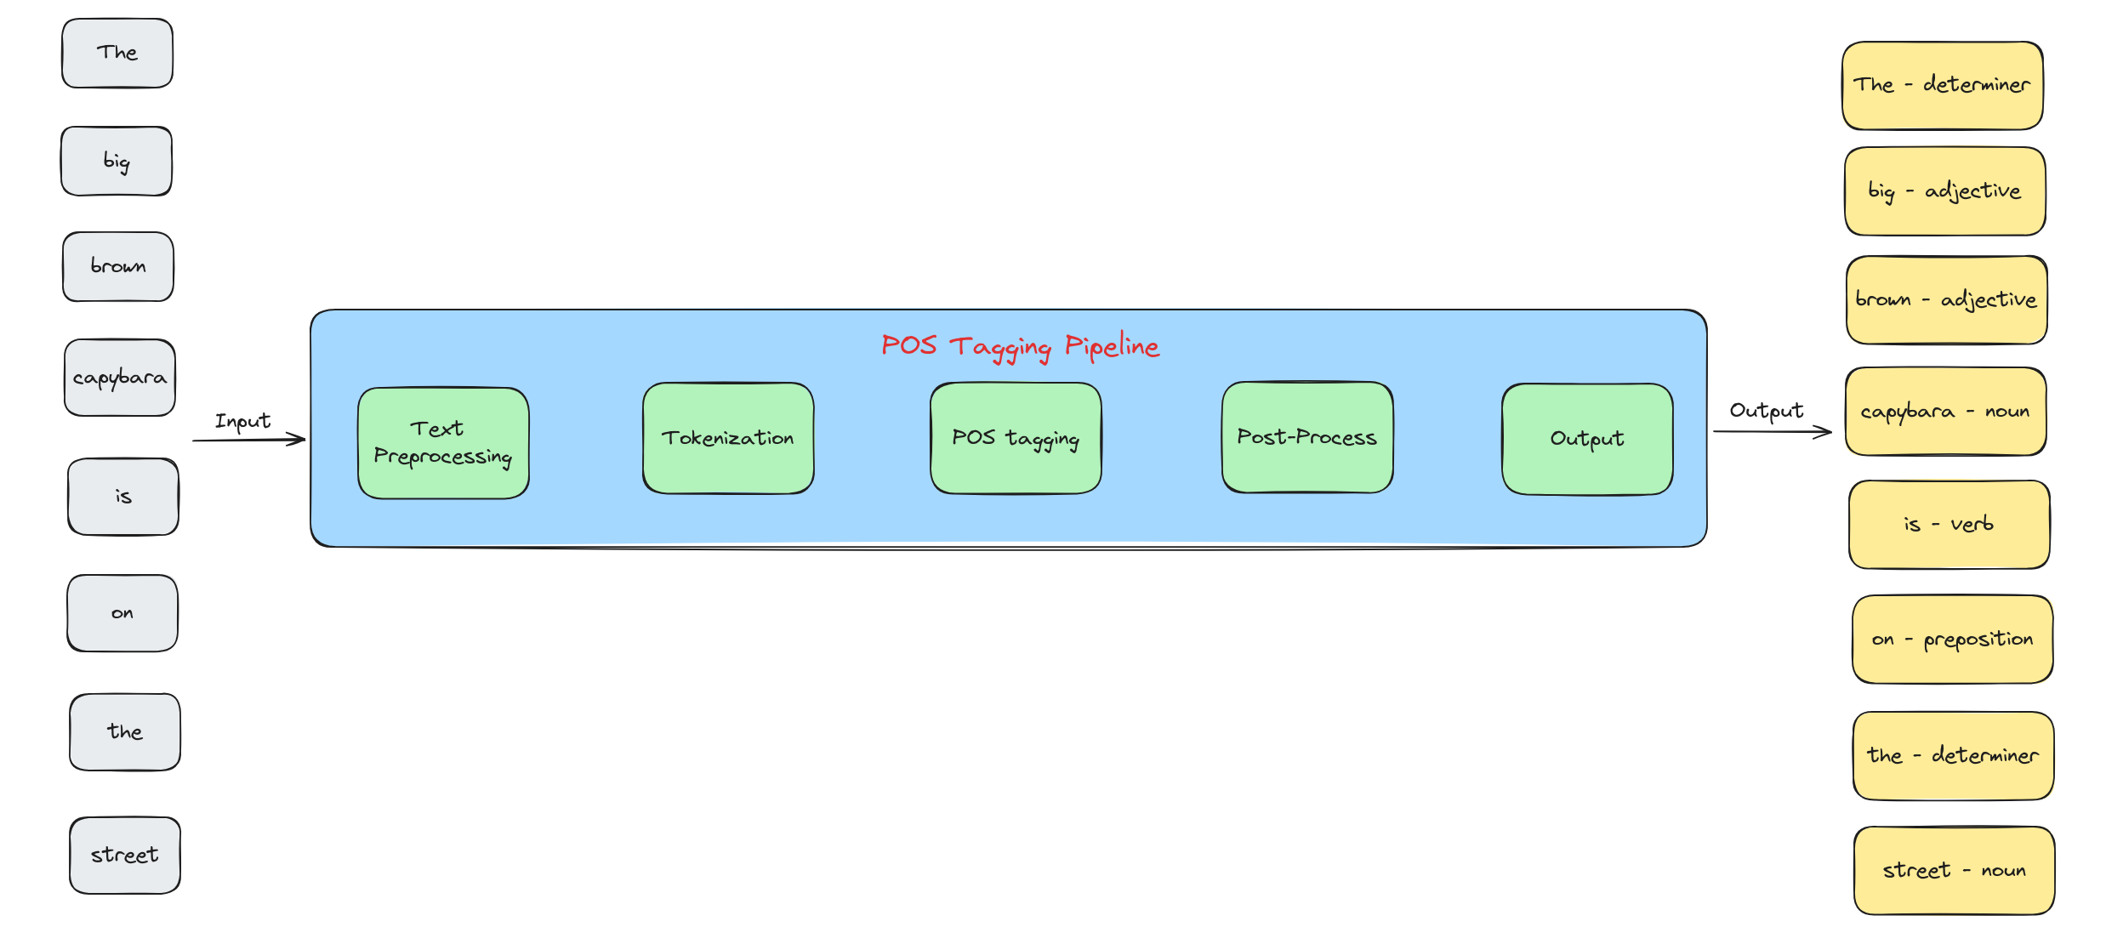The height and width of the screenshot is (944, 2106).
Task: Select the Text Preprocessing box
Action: coord(443,443)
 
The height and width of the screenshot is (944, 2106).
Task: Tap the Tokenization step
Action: coord(728,438)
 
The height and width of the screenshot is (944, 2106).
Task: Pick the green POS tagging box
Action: coord(1016,438)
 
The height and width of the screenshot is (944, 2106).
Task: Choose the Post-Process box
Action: coord(1307,437)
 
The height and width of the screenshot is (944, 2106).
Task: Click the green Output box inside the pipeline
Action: coord(1587,439)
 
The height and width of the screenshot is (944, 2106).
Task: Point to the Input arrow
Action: coord(248,440)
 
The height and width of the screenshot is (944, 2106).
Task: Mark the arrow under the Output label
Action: coord(1773,432)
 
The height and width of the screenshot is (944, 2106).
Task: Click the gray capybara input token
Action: coord(120,378)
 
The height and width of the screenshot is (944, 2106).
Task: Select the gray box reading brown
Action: coord(118,266)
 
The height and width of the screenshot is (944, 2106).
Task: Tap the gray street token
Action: coord(125,856)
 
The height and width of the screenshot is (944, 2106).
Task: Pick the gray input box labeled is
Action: coord(123,497)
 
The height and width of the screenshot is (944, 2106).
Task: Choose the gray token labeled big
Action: coord(117,161)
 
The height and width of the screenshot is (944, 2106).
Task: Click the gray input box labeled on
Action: coord(122,613)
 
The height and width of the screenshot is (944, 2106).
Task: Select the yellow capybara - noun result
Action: coord(1946,412)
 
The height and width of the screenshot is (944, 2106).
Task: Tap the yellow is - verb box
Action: coord(1949,525)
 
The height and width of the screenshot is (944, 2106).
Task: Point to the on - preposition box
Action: coord(1953,640)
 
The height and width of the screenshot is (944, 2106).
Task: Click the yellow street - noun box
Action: coord(1955,871)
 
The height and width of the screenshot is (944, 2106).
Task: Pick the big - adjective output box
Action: coord(1945,191)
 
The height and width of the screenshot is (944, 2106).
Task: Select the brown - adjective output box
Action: coord(1947,300)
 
